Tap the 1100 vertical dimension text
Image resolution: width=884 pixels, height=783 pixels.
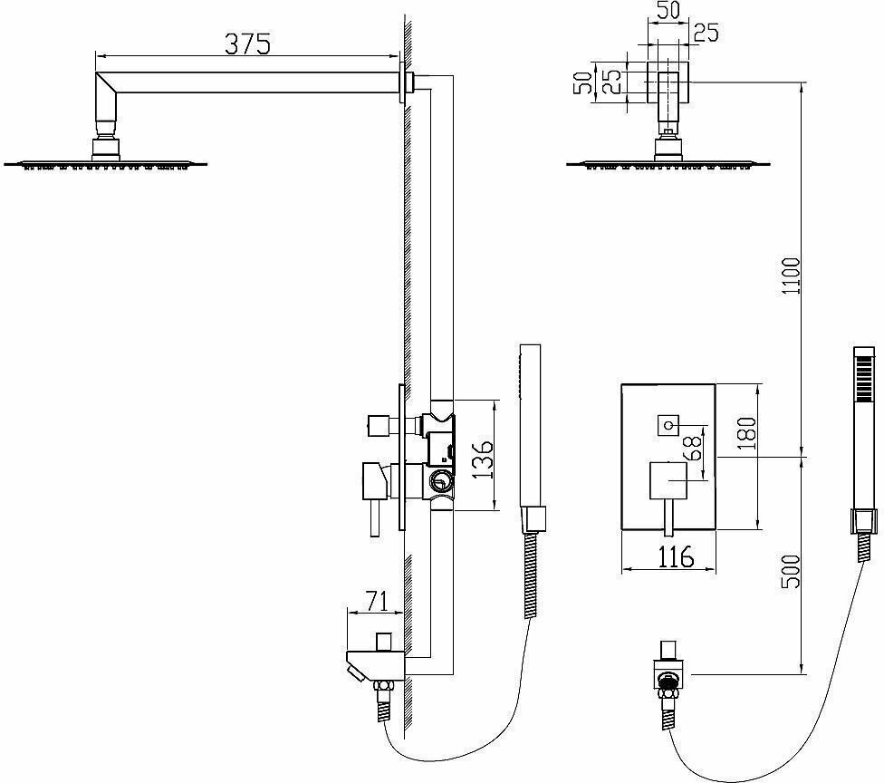(791, 275)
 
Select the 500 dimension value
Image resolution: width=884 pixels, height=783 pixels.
(791, 571)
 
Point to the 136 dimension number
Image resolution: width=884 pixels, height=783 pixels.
(484, 460)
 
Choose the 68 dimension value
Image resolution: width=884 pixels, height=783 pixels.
(697, 448)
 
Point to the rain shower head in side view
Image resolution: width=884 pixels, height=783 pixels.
(107, 163)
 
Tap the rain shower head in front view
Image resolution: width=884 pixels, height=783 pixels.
(668, 163)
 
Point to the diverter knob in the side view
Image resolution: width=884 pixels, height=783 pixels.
(378, 424)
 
